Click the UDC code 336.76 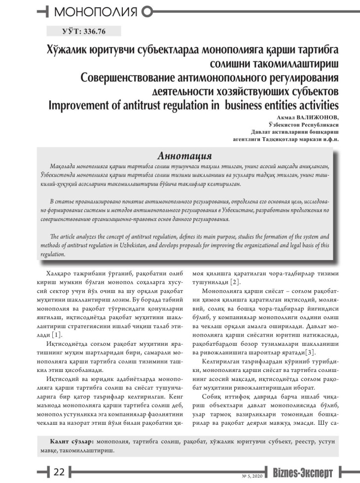[94, 31]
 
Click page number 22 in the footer [59, 471]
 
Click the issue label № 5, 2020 [253, 475]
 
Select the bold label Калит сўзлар [73, 440]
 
